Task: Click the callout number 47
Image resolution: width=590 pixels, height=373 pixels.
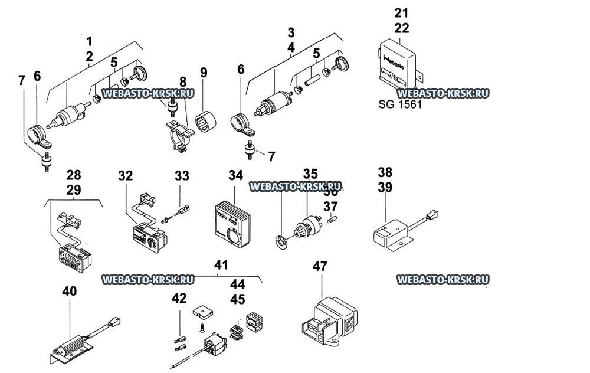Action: coord(319,267)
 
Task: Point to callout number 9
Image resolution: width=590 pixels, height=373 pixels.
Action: coord(204,73)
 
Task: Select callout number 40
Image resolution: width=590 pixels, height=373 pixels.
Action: coord(69,291)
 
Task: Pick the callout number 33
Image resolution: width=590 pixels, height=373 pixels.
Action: coord(182,175)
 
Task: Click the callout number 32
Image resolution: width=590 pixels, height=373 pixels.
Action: coord(125,175)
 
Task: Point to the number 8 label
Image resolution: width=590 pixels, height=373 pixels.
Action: coord(183,82)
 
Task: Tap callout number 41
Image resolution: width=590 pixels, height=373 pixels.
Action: coord(221,266)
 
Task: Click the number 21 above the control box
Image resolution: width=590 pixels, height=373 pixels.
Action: coord(401,12)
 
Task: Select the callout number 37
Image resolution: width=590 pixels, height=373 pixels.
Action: coord(330,207)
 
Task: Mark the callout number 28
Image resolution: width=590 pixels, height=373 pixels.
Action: coord(74,175)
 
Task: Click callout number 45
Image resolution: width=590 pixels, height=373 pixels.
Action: coord(237,299)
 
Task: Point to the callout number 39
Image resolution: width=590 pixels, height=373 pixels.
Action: coord(385,187)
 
